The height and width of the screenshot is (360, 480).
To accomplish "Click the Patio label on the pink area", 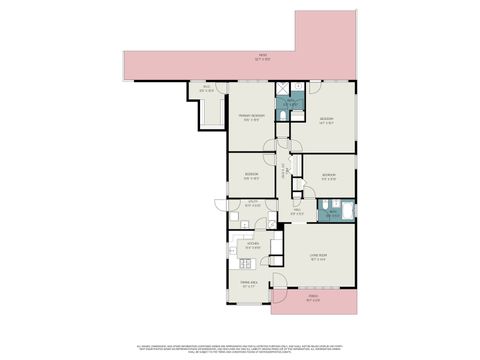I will pos(262,56).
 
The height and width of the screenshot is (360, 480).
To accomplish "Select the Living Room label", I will pos(320,256).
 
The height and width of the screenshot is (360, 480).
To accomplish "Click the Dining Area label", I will pos(237,285).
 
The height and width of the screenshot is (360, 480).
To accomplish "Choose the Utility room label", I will pos(255,203).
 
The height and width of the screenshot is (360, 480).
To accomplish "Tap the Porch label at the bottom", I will pos(313,297).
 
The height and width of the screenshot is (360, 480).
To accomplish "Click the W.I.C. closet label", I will pos(207,89).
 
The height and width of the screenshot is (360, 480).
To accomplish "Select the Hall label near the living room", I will pos(297,211).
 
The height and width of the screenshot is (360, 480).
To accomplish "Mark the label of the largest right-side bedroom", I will pos(326,121).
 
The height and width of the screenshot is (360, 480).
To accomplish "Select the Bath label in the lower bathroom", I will pos(330,212).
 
